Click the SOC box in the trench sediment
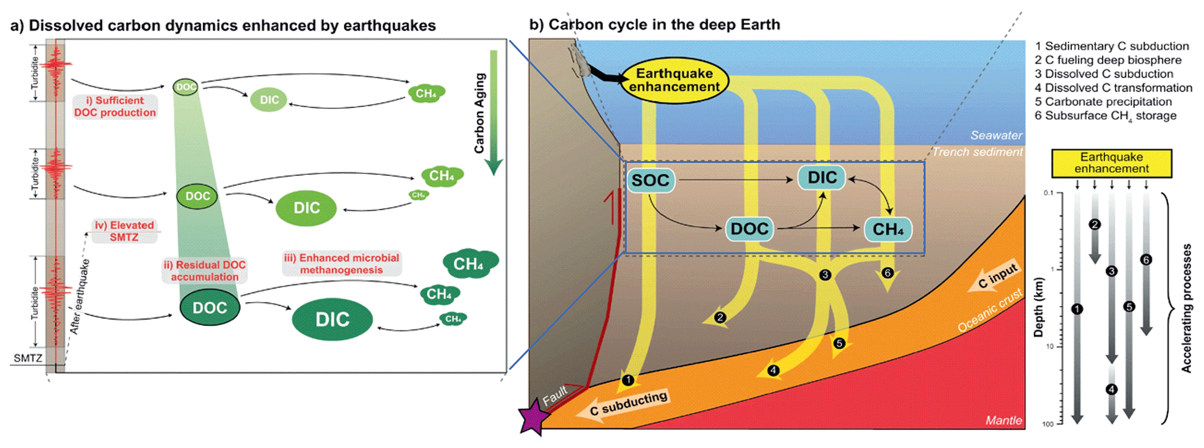pos(650,180)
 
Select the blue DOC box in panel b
pos(750,229)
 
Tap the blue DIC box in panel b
pos(822,177)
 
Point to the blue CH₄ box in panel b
pos(888,229)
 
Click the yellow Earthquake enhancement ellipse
pos(675,80)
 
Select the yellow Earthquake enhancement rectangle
pos(1111,163)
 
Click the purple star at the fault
pos(534,417)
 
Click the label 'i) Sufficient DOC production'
pos(115,106)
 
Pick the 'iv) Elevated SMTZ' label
pos(124,231)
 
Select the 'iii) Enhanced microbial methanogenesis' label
pos(341,264)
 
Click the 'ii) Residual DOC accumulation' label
pos(204,271)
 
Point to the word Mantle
pos(1003,420)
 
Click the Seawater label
pos(996,136)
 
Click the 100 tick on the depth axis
pos(1048,424)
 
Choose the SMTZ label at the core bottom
pos(28,358)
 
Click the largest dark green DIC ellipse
pos(332,319)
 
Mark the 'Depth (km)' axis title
pos(1038,307)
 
